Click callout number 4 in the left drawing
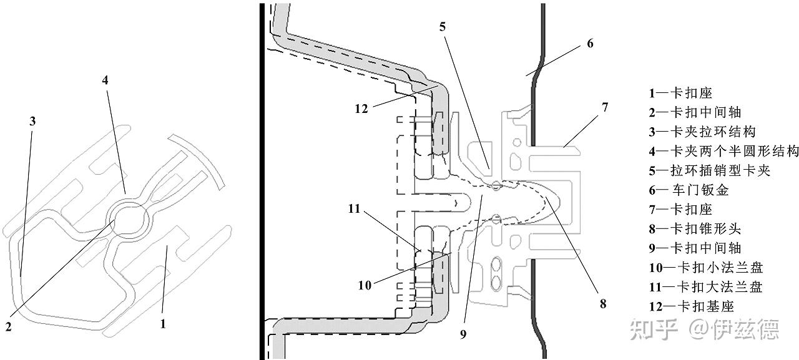tap(105, 80)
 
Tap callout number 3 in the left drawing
tap(32, 122)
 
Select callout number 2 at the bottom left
tap(9, 326)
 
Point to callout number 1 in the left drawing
tap(163, 324)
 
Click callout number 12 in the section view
tap(361, 109)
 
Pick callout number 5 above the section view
tap(443, 27)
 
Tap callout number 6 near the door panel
tap(590, 44)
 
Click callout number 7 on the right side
tap(605, 107)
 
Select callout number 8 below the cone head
tap(603, 304)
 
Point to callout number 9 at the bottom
tap(463, 334)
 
